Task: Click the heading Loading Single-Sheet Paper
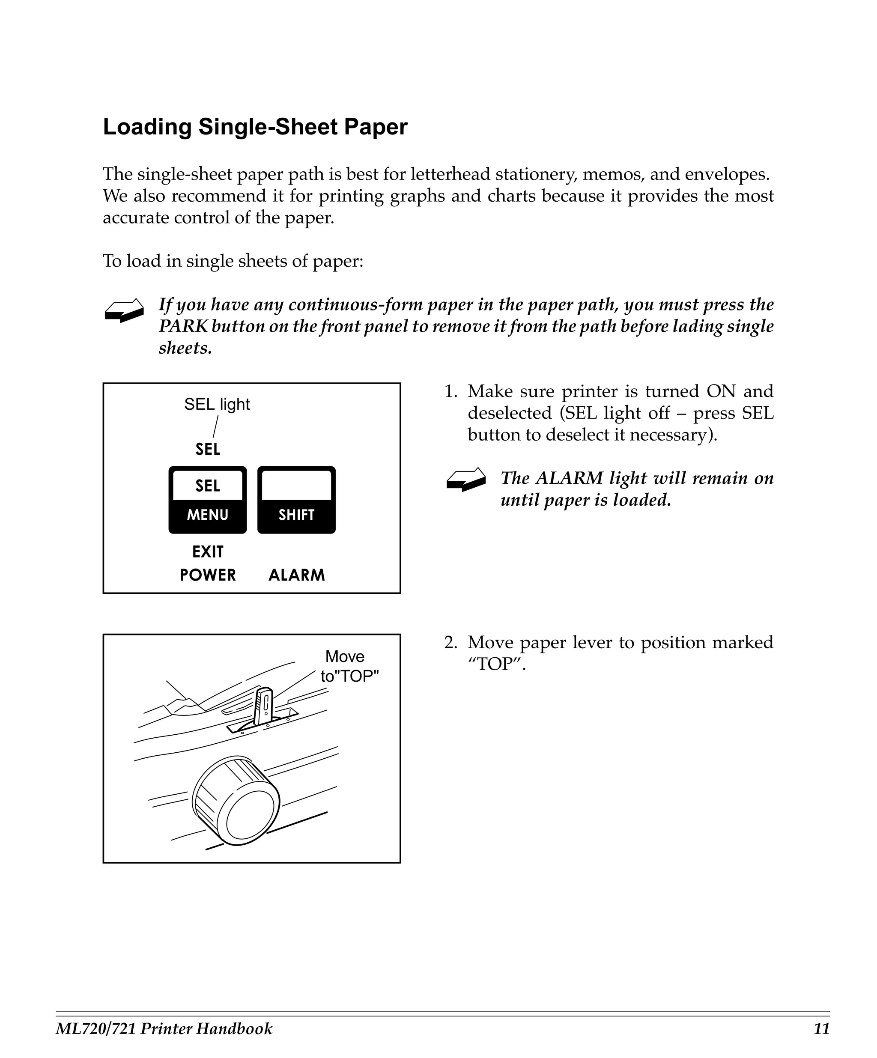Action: coord(255,127)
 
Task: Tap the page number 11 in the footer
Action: coord(821,1028)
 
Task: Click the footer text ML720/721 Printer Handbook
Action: coord(164,1028)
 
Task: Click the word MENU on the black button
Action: coord(208,514)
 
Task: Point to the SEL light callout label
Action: coord(217,404)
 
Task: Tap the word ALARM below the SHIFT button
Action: coord(296,575)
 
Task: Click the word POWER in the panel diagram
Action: coord(208,575)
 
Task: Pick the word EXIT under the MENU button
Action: coord(208,551)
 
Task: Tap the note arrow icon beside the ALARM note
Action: coord(465,479)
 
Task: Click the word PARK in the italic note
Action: coord(183,326)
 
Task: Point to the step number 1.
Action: coord(450,391)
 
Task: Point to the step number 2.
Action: coord(450,642)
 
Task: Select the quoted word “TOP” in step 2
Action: coord(496,665)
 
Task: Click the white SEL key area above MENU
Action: coord(208,485)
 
